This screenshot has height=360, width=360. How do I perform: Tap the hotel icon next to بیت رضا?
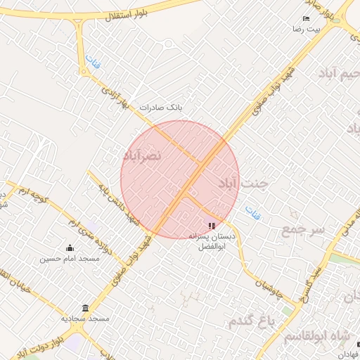306,18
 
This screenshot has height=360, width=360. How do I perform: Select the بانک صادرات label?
160,108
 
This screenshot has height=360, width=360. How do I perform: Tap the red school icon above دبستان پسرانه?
212,226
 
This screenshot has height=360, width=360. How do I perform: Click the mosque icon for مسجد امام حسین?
70,248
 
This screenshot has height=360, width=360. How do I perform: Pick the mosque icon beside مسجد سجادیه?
86,309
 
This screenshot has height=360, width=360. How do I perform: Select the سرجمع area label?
304,230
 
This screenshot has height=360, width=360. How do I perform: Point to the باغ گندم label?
253,321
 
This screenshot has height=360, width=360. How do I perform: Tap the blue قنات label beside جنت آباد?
252,212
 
